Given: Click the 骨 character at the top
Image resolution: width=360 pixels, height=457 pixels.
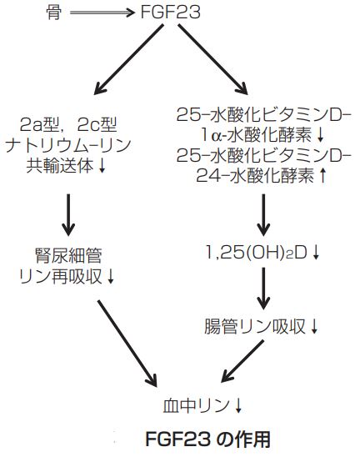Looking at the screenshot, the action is point(54,13).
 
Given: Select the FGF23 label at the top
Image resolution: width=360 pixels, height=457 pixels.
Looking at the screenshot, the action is point(170,13).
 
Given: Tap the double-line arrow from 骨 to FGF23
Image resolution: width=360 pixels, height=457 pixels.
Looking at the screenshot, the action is point(102,13).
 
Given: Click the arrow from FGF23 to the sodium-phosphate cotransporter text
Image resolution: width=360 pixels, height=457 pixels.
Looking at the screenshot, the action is point(128,59).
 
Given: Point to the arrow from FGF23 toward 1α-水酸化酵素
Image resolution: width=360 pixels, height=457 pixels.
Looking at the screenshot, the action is point(212,59).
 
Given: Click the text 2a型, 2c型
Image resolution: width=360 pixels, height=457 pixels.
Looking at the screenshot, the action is point(68,125).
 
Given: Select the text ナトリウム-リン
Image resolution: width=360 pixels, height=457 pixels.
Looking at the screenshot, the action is point(68,145).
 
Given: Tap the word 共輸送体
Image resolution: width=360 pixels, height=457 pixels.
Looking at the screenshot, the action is point(60,166).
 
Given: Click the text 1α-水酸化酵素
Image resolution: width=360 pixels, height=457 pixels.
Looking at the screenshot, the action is point(256,136).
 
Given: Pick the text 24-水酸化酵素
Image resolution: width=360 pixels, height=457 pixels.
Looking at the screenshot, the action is point(255,176).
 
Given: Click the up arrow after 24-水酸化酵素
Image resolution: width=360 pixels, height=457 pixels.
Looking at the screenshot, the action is point(322,176).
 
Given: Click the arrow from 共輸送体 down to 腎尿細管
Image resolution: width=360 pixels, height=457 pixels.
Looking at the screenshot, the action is point(68,215).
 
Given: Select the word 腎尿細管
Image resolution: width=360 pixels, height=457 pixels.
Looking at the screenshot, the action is point(68,256).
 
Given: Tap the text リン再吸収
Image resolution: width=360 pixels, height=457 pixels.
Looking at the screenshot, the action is point(60,276).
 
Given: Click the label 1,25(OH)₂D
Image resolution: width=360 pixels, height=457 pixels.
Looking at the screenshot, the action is point(257,253).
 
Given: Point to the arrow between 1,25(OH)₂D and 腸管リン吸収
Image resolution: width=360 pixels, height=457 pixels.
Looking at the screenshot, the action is point(263,289).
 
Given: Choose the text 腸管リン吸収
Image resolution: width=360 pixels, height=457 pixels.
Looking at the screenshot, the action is point(255,326).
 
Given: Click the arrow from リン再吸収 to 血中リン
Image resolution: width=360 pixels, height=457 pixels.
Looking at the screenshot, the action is point(127,344).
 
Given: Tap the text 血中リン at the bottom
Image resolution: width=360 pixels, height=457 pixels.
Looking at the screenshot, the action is point(196,405).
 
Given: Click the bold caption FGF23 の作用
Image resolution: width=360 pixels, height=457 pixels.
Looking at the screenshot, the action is point(207,439).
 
